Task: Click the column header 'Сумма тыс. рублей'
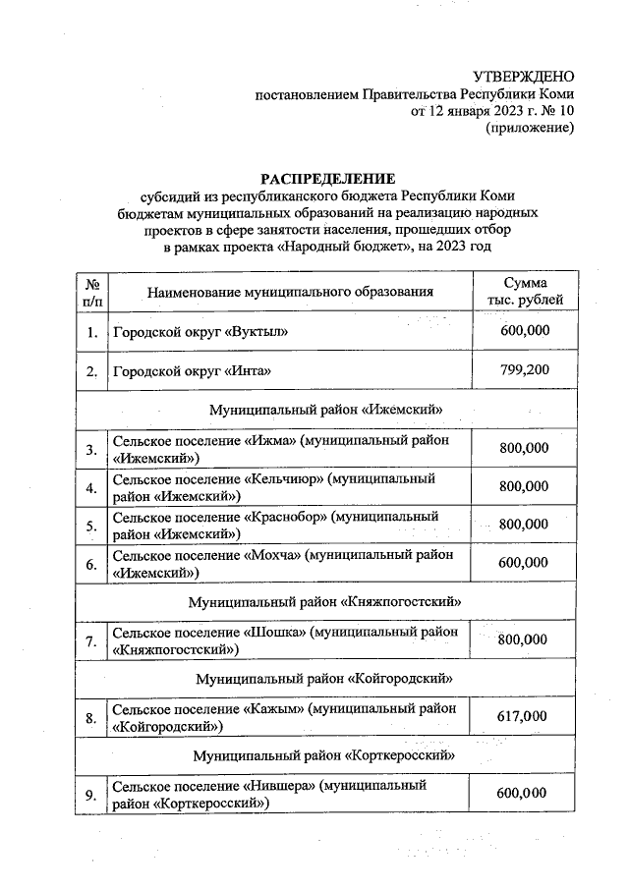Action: pyautogui.click(x=525, y=291)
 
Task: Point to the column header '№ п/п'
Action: pyautogui.click(x=90, y=291)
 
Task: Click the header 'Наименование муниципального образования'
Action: pyautogui.click(x=290, y=292)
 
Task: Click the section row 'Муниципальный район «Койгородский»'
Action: pyautogui.click(x=325, y=679)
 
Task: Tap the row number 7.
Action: pyautogui.click(x=90, y=642)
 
